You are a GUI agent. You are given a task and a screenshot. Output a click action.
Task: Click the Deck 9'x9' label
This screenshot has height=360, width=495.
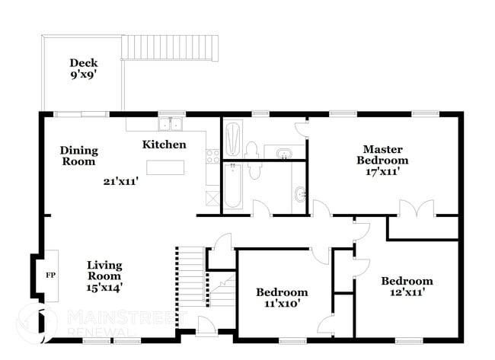click(x=83, y=69)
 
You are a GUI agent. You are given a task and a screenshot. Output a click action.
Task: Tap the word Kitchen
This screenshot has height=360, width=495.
click(x=164, y=144)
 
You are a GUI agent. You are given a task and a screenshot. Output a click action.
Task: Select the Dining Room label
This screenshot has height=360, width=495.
click(x=78, y=156)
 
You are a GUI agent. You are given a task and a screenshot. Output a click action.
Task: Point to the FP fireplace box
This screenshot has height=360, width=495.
click(x=50, y=275)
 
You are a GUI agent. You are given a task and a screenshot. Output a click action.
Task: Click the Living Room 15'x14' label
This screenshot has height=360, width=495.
click(x=104, y=276)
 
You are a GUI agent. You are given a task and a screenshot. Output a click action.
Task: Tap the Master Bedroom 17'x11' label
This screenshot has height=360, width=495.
click(x=382, y=161)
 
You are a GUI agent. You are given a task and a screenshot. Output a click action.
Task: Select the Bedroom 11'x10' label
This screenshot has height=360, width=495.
click(x=282, y=298)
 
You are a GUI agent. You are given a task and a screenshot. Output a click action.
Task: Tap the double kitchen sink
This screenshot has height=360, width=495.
click(x=171, y=124)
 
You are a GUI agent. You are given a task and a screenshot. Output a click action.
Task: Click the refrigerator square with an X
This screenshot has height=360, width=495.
click(x=211, y=196)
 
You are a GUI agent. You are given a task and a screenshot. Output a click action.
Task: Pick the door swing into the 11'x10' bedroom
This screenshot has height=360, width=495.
click(x=320, y=256)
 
